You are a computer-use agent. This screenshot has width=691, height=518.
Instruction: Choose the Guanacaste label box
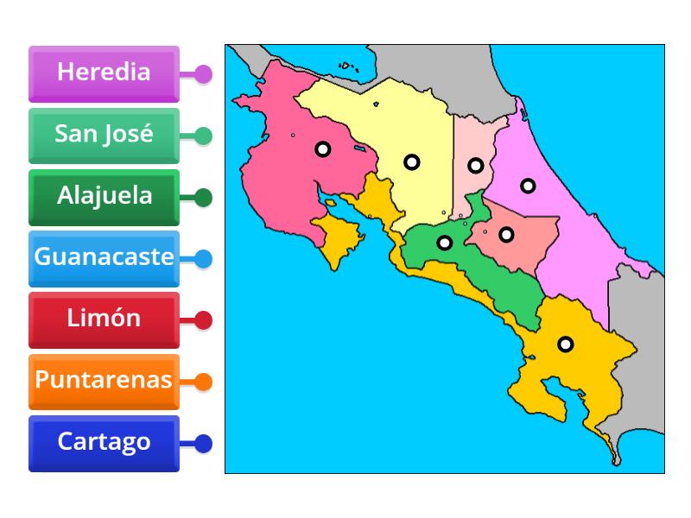click(x=104, y=258)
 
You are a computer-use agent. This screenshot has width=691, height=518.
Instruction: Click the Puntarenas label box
click(x=104, y=381)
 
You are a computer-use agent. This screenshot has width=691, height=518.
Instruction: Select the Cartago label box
click(x=104, y=443)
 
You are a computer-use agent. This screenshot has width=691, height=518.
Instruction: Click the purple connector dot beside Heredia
click(x=203, y=73)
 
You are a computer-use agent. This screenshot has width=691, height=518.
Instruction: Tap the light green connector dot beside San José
click(x=203, y=136)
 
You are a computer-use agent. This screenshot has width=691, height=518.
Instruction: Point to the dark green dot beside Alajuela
click(x=203, y=198)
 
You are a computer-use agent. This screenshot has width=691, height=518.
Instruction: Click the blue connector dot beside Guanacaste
click(x=203, y=258)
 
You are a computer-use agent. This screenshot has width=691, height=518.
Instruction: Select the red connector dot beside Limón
click(x=203, y=320)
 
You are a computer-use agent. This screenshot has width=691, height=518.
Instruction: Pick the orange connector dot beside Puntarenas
click(x=203, y=381)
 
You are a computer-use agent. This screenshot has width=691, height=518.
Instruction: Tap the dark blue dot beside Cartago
click(x=203, y=444)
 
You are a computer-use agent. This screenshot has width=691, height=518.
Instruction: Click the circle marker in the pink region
click(x=322, y=149)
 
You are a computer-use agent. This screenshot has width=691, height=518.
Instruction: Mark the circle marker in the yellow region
click(x=412, y=161)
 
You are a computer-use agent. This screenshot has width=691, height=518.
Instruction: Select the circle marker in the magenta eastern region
click(x=528, y=185)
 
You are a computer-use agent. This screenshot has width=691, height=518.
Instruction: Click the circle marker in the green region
click(x=444, y=243)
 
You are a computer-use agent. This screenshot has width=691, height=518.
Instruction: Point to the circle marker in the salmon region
click(x=506, y=233)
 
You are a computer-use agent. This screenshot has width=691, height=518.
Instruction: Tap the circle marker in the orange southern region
click(x=565, y=344)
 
